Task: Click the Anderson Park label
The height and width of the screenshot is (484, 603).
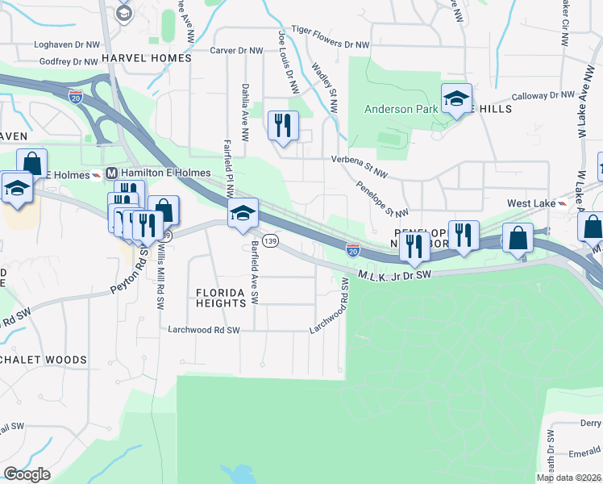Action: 400,109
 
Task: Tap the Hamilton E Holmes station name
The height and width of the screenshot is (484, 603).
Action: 165,173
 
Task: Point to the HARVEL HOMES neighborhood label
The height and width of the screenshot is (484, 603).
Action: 147,58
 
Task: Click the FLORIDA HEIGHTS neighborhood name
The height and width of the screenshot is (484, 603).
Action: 221,297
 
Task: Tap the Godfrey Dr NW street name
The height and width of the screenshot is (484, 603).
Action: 68,61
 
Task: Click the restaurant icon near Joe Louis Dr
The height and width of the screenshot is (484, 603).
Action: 283,127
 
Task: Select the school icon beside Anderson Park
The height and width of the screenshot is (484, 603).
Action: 456,99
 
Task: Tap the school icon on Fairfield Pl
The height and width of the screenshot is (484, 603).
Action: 243,213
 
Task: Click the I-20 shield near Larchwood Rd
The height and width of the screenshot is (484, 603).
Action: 352,250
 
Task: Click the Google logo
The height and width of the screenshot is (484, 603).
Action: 27,474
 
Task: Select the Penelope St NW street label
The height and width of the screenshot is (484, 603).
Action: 382,198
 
